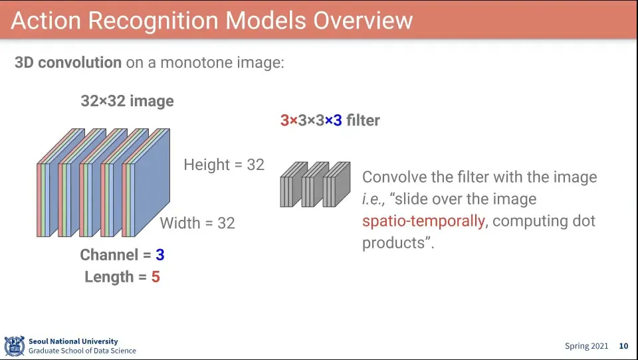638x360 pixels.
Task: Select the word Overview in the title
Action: point(362,21)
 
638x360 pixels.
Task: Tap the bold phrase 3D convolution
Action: point(68,63)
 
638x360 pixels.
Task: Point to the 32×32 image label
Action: point(127,101)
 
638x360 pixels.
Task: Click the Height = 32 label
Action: point(224,165)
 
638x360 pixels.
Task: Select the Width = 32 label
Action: point(197,223)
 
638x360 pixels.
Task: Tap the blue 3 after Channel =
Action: point(159,255)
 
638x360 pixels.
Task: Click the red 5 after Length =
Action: point(156,277)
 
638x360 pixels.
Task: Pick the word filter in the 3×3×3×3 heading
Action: point(363,120)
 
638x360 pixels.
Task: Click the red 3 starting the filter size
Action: point(284,120)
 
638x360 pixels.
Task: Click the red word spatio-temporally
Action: point(423,221)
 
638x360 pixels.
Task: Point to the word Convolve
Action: point(393,177)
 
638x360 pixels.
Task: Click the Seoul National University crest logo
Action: point(14,345)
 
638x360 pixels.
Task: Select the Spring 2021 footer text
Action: point(586,346)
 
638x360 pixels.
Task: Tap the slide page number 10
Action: point(623,346)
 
